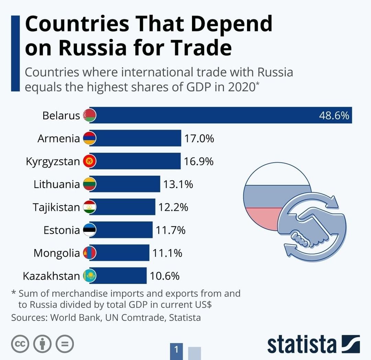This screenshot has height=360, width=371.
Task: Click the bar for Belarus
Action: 220,115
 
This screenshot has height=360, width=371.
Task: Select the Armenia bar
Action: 136,138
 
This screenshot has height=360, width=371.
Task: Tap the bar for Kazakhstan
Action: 119,276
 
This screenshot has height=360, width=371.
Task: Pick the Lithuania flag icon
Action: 90,184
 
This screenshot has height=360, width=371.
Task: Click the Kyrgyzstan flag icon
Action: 90,161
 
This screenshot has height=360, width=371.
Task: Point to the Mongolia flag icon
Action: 90,253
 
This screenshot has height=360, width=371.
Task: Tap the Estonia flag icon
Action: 90,230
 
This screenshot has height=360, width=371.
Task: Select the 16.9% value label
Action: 199,161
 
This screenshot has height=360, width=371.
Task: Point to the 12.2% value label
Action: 173,207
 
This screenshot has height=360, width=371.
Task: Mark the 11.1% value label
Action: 167,253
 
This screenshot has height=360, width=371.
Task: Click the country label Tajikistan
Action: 56,207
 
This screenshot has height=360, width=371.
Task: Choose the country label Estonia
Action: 61,230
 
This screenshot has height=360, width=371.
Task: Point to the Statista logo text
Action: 302,344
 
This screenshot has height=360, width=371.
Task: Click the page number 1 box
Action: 177,350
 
